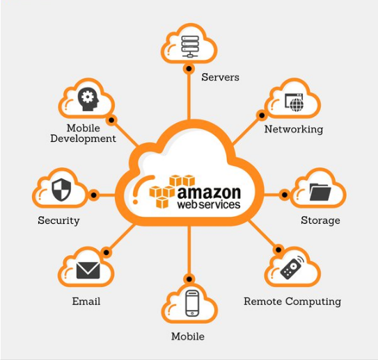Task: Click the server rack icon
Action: click(190, 47)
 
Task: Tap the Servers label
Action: click(221, 77)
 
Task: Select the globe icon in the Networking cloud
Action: click(297, 105)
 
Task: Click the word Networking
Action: click(294, 129)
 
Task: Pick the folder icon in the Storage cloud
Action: click(320, 192)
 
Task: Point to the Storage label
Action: click(320, 220)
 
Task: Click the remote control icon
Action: click(292, 268)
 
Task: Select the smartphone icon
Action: click(192, 304)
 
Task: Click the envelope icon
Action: click(88, 270)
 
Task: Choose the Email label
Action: click(86, 302)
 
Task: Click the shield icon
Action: click(61, 190)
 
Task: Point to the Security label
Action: click(58, 220)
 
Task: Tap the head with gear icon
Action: click(88, 99)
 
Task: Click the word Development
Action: click(83, 139)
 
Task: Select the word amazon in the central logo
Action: click(209, 193)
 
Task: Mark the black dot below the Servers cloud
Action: click(189, 69)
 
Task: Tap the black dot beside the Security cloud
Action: click(94, 195)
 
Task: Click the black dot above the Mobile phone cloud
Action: click(189, 279)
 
